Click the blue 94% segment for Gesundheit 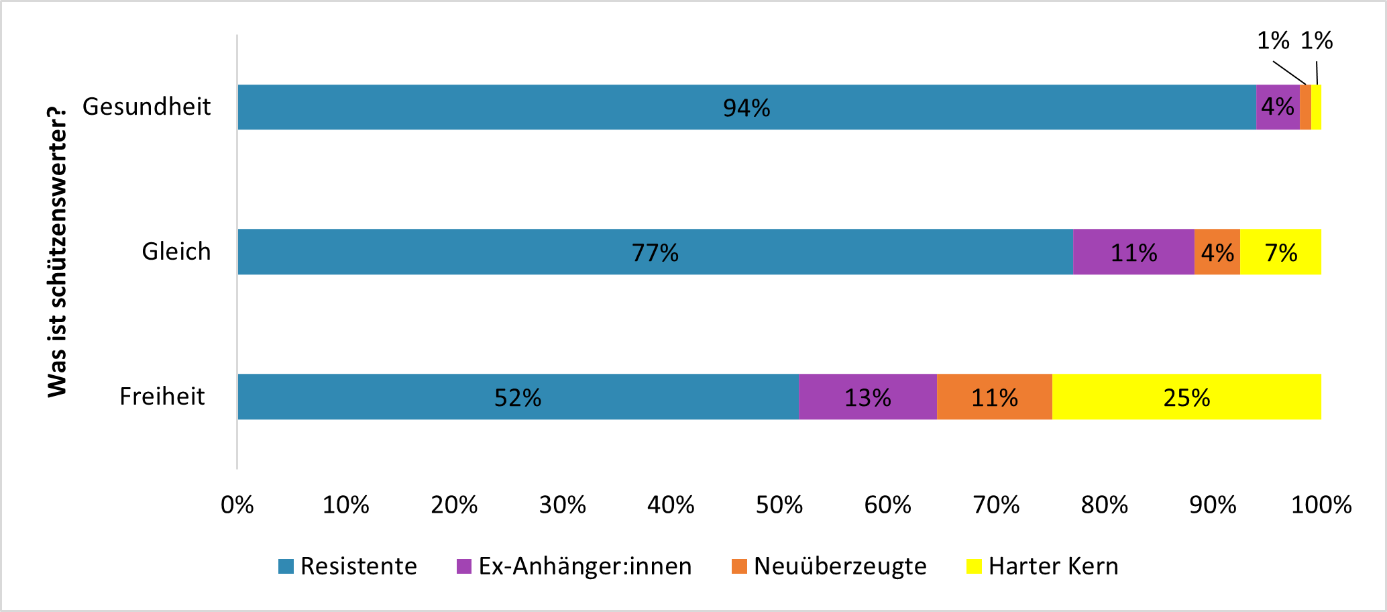pos(746,107)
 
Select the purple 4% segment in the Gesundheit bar pos(1278,107)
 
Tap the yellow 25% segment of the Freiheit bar pos(1186,397)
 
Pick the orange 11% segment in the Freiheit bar pos(994,397)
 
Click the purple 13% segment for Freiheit pos(867,397)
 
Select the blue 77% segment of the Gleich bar pos(655,252)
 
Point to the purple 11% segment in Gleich pos(1133,252)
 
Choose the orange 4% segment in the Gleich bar pos(1217,252)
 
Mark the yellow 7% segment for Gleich pos(1280,252)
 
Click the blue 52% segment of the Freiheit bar pos(518,397)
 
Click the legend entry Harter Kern pos(1053,566)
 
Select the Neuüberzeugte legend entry pos(840,566)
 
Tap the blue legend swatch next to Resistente pos(286,566)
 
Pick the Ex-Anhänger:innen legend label pos(585,566)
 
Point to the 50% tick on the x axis pos(779,505)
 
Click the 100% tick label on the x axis pos(1321,505)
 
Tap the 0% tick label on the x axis pos(237,505)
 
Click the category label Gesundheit pos(146,107)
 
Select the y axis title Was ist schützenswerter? pos(58,252)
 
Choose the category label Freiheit pos(162,397)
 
